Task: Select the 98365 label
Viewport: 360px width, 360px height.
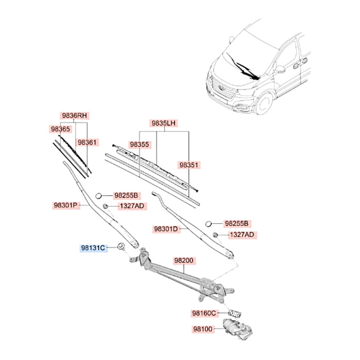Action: [60, 129]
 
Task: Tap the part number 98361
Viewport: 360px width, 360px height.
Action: [87, 142]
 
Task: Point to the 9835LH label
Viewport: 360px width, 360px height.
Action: [164, 123]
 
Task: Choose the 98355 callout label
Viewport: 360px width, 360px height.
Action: [139, 145]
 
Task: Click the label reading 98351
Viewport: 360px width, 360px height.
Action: [189, 165]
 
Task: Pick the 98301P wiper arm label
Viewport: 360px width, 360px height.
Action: [65, 205]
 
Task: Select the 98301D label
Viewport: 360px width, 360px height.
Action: [166, 228]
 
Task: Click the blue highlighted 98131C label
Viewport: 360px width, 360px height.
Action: [93, 248]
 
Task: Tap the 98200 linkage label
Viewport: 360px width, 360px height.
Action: [184, 261]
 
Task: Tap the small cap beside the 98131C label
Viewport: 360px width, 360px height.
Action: [120, 246]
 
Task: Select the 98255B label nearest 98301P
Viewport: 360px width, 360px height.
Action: [126, 195]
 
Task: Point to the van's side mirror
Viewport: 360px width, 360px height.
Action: [280, 68]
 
